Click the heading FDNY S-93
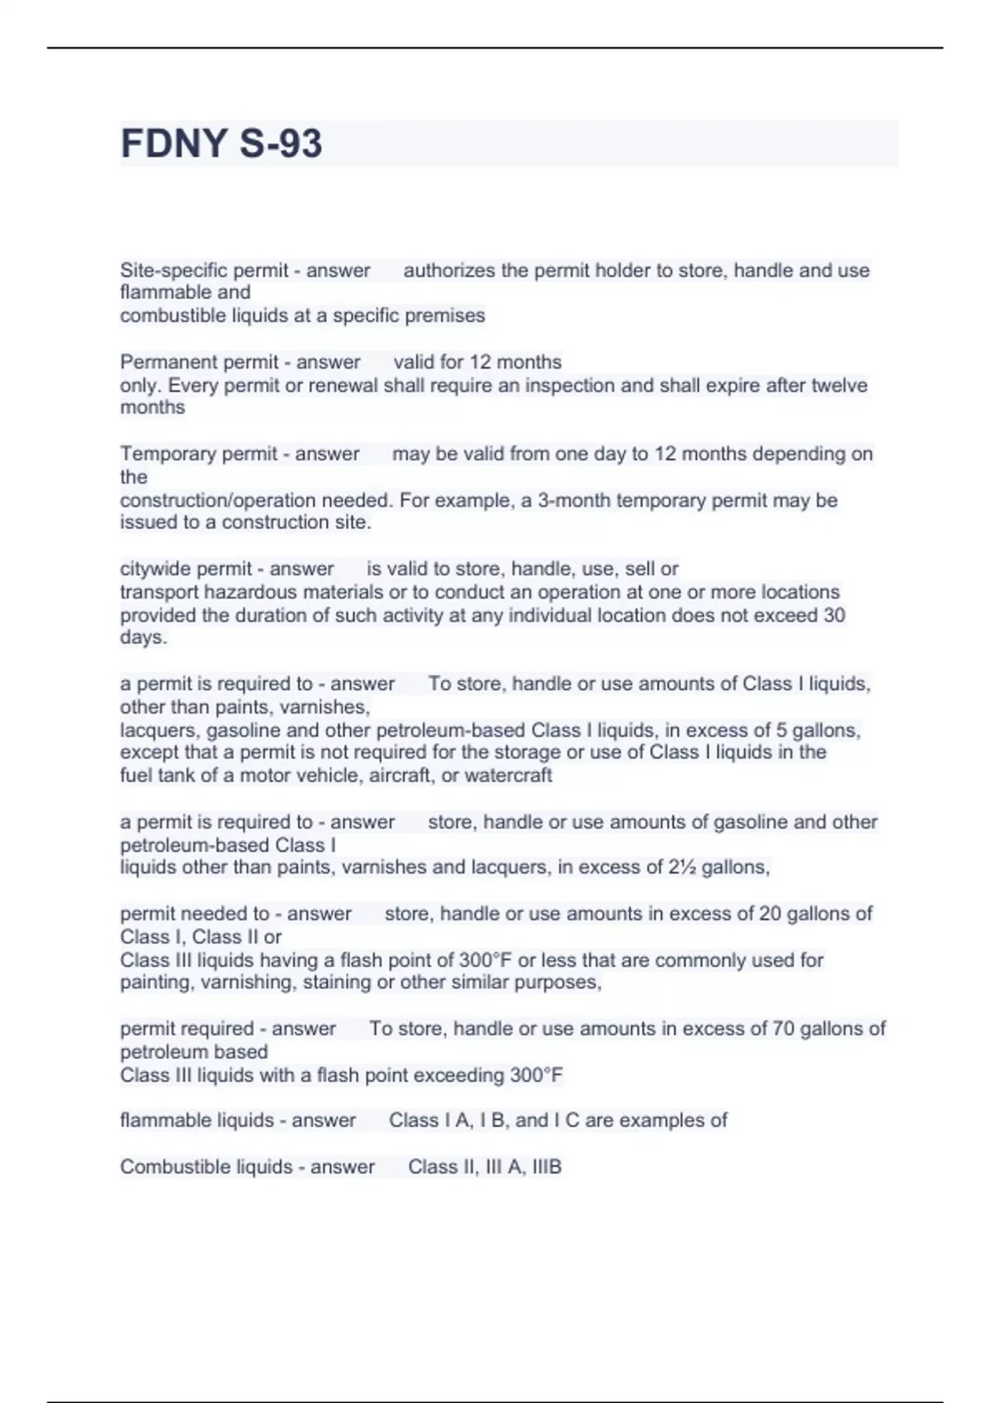[221, 144]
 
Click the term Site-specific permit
[204, 271]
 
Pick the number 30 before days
[833, 616]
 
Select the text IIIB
[547, 1167]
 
